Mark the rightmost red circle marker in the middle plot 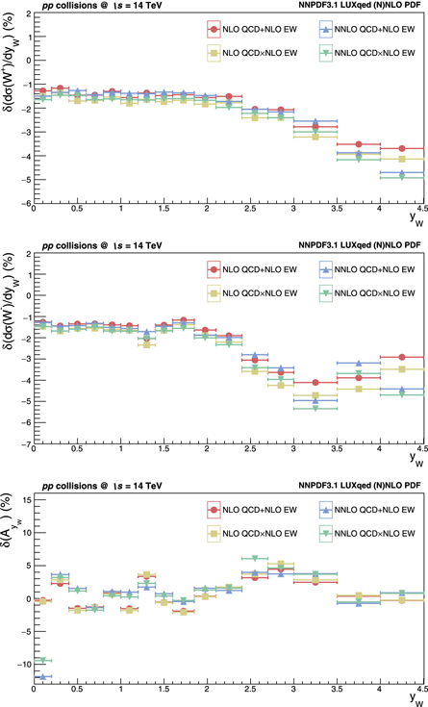(x=402, y=358)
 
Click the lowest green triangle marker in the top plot (x=402, y=177)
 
